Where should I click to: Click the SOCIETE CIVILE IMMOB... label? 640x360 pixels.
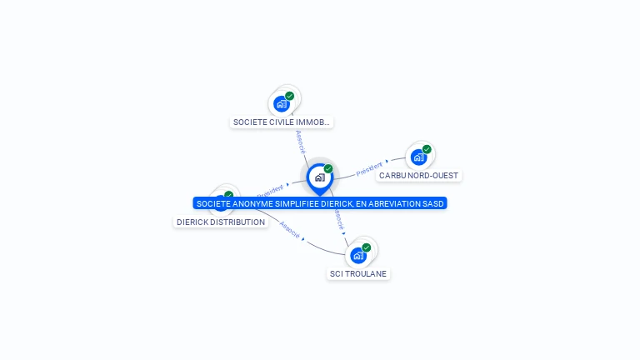(x=282, y=122)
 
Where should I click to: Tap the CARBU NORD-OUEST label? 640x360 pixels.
(x=418, y=176)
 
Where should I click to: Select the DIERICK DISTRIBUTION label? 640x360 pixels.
(x=221, y=222)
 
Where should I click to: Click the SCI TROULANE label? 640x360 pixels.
(x=358, y=274)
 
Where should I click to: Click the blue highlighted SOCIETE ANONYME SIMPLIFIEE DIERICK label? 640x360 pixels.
(x=320, y=203)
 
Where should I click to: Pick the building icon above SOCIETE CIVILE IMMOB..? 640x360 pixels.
(x=282, y=104)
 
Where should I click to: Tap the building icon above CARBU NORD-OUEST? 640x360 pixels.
(x=418, y=157)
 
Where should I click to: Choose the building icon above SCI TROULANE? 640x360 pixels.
(x=357, y=255)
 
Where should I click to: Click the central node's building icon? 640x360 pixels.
(x=319, y=177)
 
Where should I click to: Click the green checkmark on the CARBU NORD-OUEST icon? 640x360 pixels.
(x=427, y=149)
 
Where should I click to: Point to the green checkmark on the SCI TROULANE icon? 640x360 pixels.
(x=366, y=247)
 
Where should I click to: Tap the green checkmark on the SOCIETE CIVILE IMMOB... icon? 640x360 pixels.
(x=289, y=96)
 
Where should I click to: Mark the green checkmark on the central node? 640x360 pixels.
(x=328, y=168)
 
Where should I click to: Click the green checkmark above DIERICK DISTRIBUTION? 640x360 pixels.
(x=228, y=195)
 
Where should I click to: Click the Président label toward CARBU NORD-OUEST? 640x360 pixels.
(x=369, y=169)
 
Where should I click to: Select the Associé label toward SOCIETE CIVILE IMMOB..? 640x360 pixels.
(x=300, y=142)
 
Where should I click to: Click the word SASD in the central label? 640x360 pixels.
(x=433, y=203)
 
